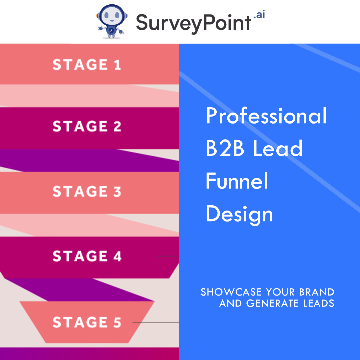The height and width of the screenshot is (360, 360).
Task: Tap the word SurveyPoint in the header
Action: click(x=193, y=22)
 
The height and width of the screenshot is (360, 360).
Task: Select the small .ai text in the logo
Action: click(x=259, y=15)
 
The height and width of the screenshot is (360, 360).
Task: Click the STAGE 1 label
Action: click(x=87, y=65)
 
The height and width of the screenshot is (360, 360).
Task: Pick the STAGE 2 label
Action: click(x=87, y=126)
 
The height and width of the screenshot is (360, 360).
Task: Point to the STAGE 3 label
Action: click(x=87, y=191)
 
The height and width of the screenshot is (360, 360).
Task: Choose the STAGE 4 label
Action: click(x=87, y=256)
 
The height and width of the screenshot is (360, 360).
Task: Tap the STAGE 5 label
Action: click(x=87, y=322)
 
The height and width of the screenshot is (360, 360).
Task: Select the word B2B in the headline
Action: click(x=225, y=149)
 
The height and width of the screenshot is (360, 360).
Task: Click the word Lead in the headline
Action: click(x=278, y=149)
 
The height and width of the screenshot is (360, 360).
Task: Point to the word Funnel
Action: click(x=237, y=181)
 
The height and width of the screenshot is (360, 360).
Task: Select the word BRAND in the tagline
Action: click(x=317, y=292)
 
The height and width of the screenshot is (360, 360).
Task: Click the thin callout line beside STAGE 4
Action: click(x=167, y=256)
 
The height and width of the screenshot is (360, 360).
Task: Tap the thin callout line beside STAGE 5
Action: click(x=155, y=323)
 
